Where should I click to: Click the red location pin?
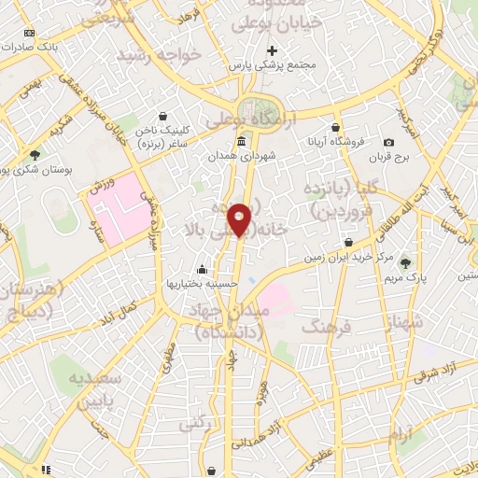click(241, 218)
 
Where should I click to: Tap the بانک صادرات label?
click(31, 45)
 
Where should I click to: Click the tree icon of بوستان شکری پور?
click(35, 155)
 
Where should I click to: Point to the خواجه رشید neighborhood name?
click(158, 55)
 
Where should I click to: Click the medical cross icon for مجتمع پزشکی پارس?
click(272, 50)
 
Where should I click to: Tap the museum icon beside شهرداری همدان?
click(242, 141)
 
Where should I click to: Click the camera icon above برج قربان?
click(388, 142)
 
